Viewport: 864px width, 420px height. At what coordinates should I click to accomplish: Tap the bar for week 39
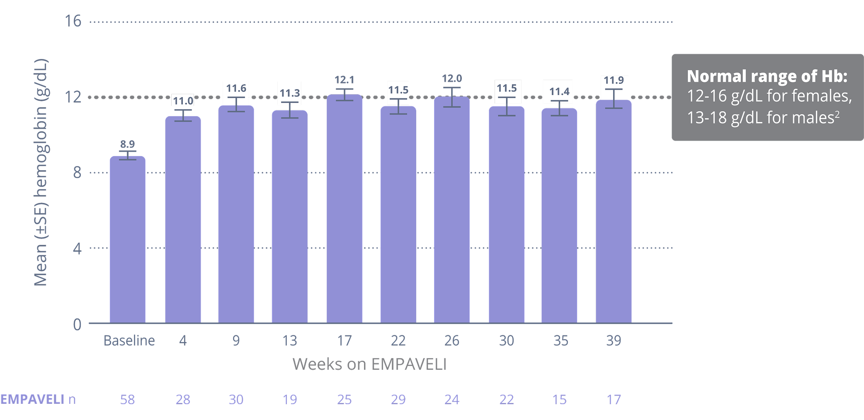(x=614, y=211)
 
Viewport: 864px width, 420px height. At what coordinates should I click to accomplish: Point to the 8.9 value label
(x=127, y=144)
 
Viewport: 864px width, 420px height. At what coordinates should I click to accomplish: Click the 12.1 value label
(x=344, y=79)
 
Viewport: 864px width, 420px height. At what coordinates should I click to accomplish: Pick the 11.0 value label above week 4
(x=183, y=101)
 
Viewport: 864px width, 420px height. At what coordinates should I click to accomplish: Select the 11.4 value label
(x=559, y=91)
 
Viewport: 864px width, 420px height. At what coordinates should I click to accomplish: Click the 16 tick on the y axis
(x=73, y=21)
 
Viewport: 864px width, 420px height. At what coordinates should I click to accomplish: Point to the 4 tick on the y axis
(x=77, y=248)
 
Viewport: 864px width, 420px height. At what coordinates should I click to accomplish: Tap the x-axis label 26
(x=451, y=341)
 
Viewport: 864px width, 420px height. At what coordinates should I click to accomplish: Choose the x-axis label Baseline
(x=129, y=341)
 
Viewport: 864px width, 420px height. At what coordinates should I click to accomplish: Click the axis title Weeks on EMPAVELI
(x=369, y=364)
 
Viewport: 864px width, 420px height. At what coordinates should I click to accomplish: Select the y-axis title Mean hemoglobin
(x=41, y=172)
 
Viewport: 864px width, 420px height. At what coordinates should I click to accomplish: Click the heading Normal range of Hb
(x=767, y=76)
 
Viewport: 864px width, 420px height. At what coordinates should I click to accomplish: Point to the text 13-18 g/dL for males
(x=763, y=118)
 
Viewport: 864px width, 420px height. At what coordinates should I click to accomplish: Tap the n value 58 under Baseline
(x=127, y=399)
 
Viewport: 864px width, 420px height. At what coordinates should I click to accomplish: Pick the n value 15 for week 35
(x=559, y=399)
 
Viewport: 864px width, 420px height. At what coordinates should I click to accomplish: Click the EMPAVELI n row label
(x=38, y=399)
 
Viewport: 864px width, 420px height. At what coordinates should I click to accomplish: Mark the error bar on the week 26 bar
(x=451, y=97)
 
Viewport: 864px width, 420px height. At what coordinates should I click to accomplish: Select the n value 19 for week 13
(x=289, y=399)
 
